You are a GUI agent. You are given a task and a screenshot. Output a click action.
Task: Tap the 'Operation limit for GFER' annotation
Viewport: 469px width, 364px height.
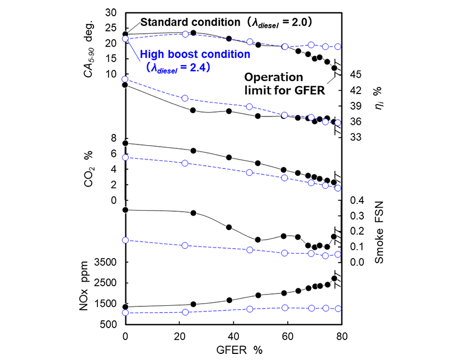[285, 83]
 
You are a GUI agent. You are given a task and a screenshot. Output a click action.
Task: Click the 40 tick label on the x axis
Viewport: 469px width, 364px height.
[233, 336]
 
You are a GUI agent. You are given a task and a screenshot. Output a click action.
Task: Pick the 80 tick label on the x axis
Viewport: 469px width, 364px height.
[341, 336]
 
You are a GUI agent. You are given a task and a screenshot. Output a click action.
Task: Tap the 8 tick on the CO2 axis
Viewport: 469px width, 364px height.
[114, 138]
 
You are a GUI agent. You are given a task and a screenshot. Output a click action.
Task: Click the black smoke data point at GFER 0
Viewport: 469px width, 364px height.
[125, 210]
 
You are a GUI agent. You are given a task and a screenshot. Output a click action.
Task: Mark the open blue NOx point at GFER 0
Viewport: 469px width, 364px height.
[125, 312]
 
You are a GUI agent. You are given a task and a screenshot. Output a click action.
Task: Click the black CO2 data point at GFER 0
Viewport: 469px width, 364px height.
[125, 143]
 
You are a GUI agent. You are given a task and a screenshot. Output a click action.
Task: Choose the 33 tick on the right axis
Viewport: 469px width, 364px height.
[358, 137]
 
